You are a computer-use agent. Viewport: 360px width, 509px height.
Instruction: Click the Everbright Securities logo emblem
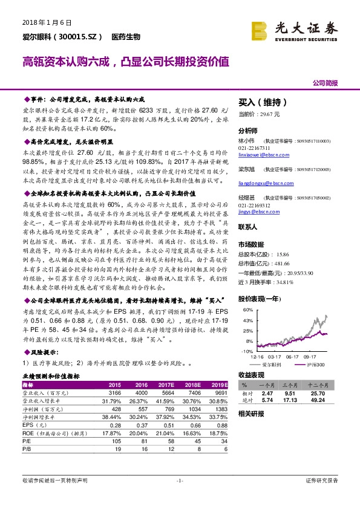tap(260, 29)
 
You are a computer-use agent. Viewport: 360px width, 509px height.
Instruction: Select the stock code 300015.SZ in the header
tap(74, 37)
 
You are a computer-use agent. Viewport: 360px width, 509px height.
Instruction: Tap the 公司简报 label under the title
tap(325, 83)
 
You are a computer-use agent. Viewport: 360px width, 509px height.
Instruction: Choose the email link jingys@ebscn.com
tap(257, 212)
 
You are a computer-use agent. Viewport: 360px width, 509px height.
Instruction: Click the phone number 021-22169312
tap(254, 205)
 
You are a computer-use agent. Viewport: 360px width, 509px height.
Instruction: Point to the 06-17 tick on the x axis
tap(293, 358)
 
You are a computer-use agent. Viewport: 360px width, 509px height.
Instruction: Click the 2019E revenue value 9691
tap(221, 392)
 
